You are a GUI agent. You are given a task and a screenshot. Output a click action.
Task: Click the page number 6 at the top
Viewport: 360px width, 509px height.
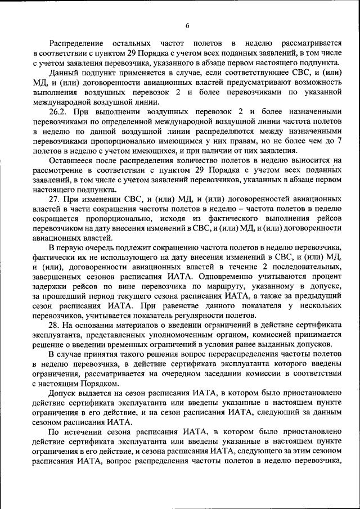pyautogui.click(x=187, y=25)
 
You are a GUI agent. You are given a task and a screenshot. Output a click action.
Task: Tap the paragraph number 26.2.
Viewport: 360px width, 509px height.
pyautogui.click(x=58, y=111)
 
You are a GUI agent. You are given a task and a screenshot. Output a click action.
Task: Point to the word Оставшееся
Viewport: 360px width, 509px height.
pyautogui.click(x=72, y=160)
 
